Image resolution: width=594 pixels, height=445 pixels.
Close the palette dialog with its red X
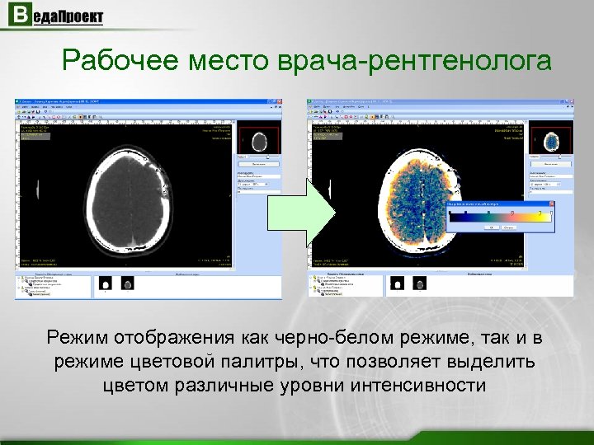[x=552, y=201]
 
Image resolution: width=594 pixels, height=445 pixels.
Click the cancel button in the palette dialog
[x=507, y=227]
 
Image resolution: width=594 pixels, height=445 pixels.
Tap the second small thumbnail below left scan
[x=127, y=283]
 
